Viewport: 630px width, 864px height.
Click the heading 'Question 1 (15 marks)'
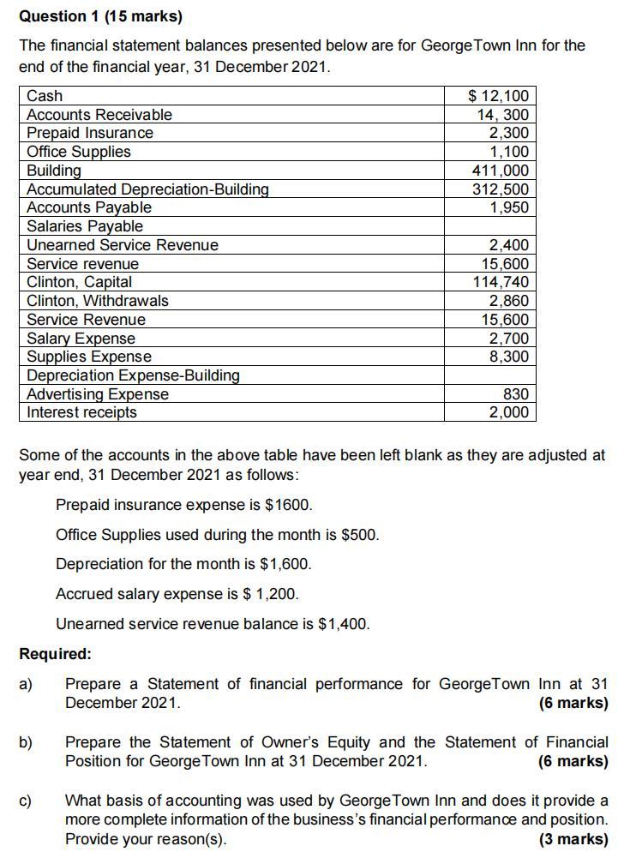pos(100,16)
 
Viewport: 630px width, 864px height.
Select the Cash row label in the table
pos(45,96)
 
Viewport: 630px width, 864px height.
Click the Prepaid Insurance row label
pos(90,133)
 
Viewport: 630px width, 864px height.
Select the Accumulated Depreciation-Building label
pos(147,189)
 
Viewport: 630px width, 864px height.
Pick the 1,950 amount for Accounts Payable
pos(509,207)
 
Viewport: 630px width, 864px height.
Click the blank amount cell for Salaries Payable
pos(489,226)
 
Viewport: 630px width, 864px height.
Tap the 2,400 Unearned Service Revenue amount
pos(509,245)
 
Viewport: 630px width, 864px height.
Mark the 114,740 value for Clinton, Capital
pos(501,282)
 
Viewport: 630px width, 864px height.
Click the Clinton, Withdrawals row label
pos(98,301)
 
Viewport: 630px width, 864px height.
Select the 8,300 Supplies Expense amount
pos(509,357)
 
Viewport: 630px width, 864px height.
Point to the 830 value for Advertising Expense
pos(516,394)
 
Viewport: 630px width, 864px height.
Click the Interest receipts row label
pos(81,412)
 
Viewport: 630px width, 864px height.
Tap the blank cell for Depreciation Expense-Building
pos(489,375)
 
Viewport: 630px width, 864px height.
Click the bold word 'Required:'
pos(55,654)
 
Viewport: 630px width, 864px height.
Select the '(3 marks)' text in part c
pos(573,839)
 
